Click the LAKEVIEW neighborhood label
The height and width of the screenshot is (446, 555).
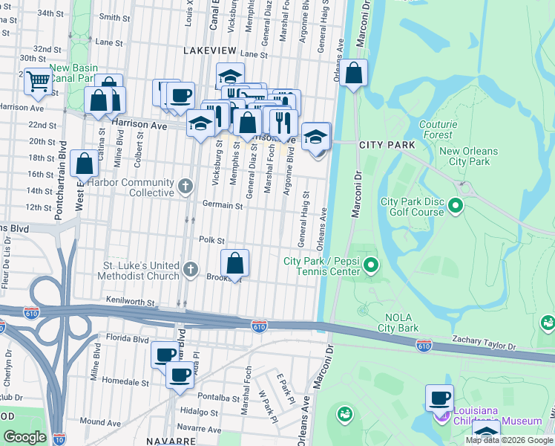(209, 50)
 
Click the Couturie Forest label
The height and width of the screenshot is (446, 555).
(436, 129)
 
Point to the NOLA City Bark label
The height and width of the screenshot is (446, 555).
(398, 323)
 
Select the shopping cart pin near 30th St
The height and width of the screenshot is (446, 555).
(37, 81)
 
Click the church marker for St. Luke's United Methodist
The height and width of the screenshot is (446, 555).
(190, 270)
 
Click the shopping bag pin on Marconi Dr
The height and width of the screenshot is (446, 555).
(354, 73)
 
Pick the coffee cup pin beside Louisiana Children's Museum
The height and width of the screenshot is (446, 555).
(439, 397)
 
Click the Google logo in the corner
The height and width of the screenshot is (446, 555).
(24, 437)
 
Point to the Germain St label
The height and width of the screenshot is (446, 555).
(223, 205)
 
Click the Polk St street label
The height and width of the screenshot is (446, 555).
(211, 239)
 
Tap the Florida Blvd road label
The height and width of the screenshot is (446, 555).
(124, 337)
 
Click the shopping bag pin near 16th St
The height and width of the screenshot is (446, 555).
(85, 163)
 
